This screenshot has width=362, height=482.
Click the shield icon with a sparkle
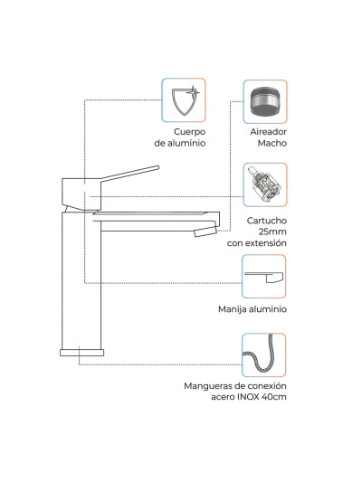coord(184,99)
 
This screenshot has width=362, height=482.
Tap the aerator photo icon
coord(265,101)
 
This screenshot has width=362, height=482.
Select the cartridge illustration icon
coord(265,184)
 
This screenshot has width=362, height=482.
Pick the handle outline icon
coord(263,276)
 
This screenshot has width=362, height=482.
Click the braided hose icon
coord(263,355)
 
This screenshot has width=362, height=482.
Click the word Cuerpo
coord(189,132)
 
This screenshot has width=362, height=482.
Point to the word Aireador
coord(268,131)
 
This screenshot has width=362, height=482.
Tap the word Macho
coord(272,143)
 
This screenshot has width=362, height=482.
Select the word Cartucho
coord(267,221)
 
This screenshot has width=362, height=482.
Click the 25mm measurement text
coord(272,232)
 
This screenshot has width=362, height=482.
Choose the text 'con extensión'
coord(257,243)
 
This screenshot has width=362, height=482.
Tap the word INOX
coord(248,397)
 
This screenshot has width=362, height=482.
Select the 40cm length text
coord(273,397)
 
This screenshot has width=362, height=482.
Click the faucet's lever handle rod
coord(129,174)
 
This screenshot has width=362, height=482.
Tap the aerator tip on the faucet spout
coord(205,232)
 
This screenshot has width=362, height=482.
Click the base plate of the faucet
coord(81,353)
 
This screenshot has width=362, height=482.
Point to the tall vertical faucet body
coord(81,280)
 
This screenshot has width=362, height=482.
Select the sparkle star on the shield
coord(193,91)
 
